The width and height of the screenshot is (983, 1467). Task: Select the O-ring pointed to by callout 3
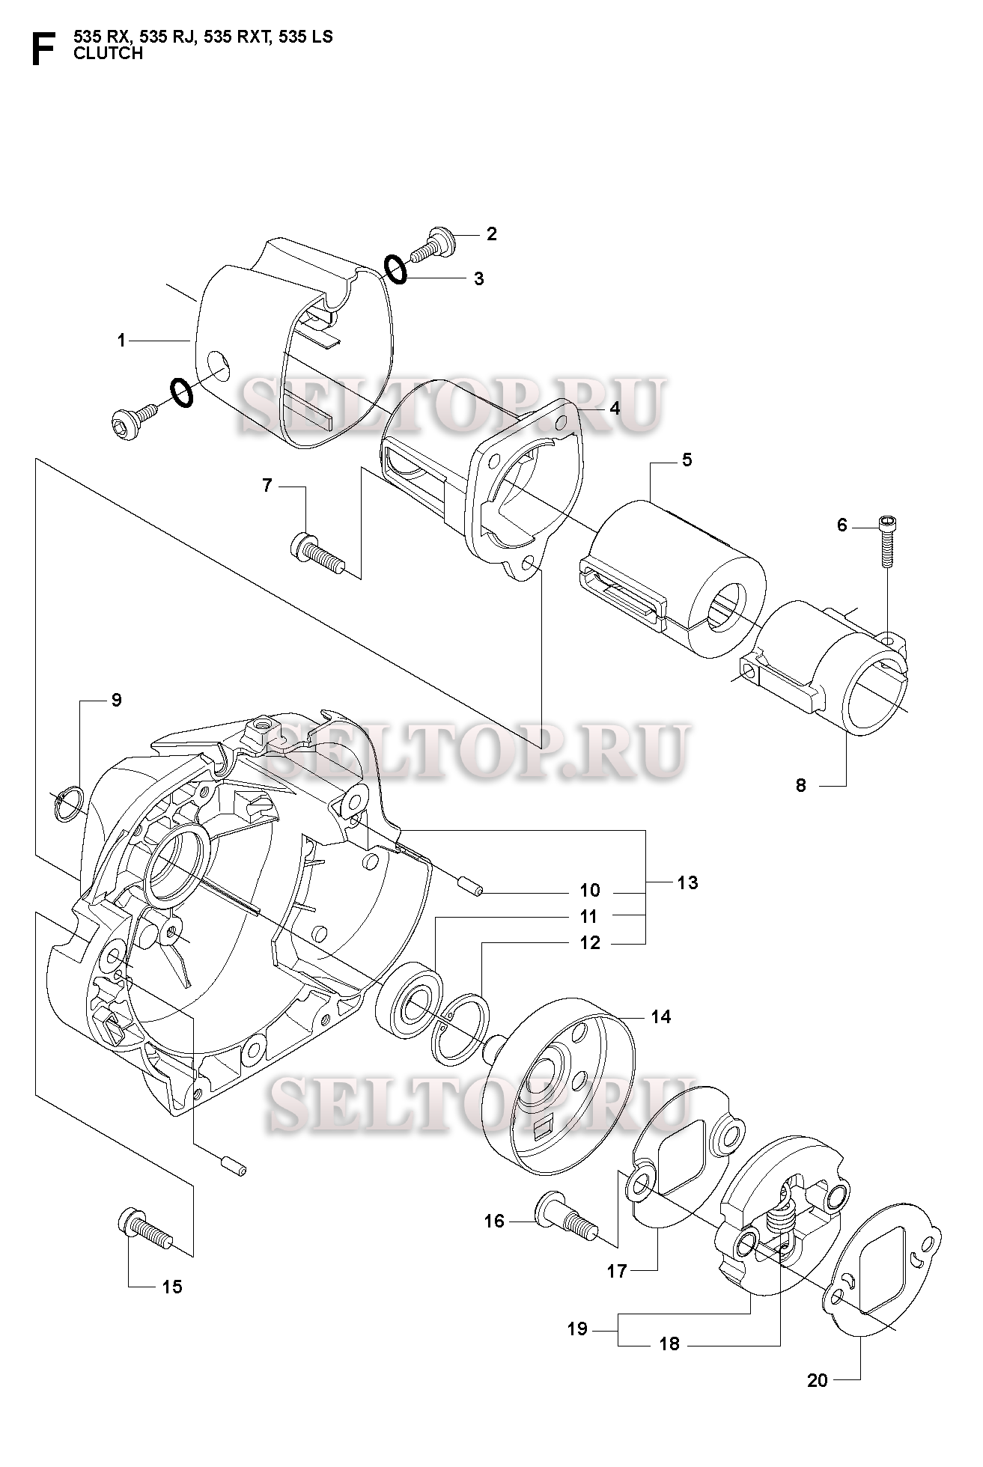pyautogui.click(x=395, y=269)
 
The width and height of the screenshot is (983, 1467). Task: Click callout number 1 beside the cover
pyautogui.click(x=121, y=341)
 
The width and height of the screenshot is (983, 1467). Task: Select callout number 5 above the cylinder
pyautogui.click(x=687, y=460)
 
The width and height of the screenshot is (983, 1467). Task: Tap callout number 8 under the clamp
pyautogui.click(x=801, y=786)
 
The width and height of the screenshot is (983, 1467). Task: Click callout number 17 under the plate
pyautogui.click(x=617, y=1271)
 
